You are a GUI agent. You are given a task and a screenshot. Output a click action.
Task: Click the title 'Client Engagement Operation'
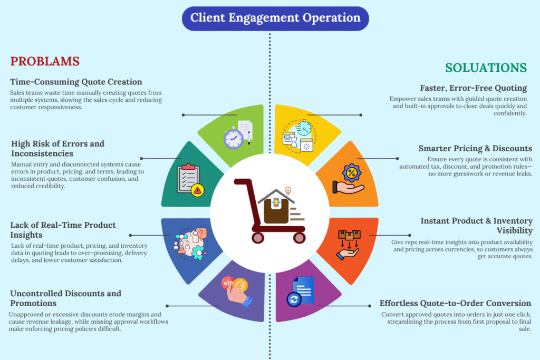point(275,18)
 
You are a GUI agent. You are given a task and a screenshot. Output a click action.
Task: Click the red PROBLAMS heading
point(45,61)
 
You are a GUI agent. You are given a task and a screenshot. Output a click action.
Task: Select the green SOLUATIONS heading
point(486,68)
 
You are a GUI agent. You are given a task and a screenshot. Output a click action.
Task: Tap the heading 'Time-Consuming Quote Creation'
point(76,82)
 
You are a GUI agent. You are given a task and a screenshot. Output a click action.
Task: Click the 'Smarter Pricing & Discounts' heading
point(475,149)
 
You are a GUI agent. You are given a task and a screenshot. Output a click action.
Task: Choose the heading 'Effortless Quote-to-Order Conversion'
point(455,303)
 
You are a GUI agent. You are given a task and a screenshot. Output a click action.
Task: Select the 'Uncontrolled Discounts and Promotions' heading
point(65,298)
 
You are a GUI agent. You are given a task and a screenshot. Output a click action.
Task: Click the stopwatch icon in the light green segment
point(233,138)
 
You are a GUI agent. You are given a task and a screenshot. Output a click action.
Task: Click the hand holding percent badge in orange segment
point(349,180)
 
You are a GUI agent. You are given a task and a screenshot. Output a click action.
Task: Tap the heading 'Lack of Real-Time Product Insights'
point(63,230)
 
